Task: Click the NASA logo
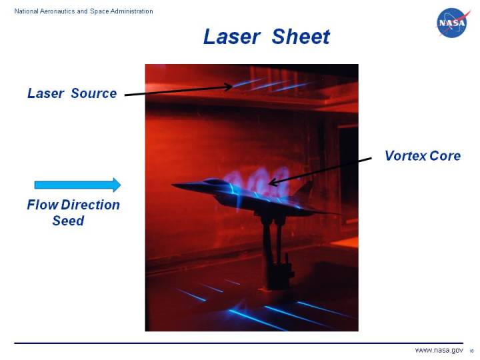pyautogui.click(x=453, y=23)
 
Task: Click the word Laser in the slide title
pyautogui.click(x=231, y=37)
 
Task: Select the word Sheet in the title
pyautogui.click(x=301, y=37)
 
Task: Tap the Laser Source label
pyautogui.click(x=72, y=93)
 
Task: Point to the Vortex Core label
pyautogui.click(x=422, y=156)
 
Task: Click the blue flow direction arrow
pyautogui.click(x=77, y=185)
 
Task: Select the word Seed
pyautogui.click(x=68, y=221)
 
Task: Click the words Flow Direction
pyautogui.click(x=73, y=205)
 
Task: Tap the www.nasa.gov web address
pyautogui.click(x=439, y=351)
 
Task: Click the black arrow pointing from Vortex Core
pyautogui.click(x=320, y=169)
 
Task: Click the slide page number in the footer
pyautogui.click(x=471, y=351)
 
